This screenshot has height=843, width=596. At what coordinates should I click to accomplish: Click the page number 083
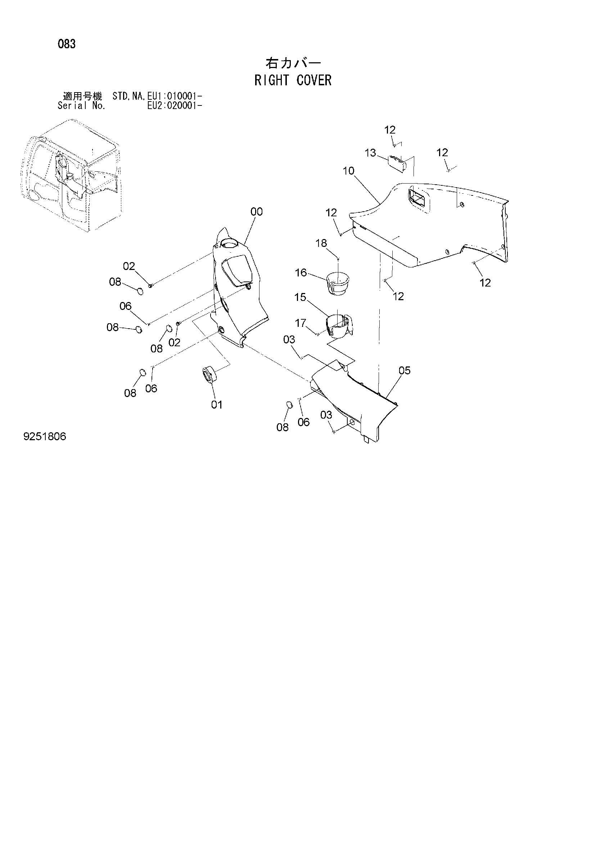click(67, 44)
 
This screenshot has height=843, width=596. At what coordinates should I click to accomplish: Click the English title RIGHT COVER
click(293, 80)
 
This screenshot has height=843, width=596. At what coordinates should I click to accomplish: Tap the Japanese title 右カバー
click(293, 63)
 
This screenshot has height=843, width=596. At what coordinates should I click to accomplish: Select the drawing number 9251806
click(44, 437)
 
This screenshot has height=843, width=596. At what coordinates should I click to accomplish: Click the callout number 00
click(257, 212)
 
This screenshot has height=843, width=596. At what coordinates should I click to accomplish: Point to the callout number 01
click(217, 405)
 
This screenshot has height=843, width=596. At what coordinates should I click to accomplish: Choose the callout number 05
click(404, 370)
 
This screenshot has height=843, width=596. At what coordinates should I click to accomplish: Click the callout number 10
click(348, 171)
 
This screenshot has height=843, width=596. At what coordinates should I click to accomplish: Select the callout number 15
click(301, 297)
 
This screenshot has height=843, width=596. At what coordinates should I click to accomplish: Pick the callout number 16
click(301, 272)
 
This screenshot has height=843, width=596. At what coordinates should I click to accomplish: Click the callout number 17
click(301, 323)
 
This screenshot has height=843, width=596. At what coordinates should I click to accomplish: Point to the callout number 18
click(321, 243)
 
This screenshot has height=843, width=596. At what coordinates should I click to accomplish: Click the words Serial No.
click(82, 106)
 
